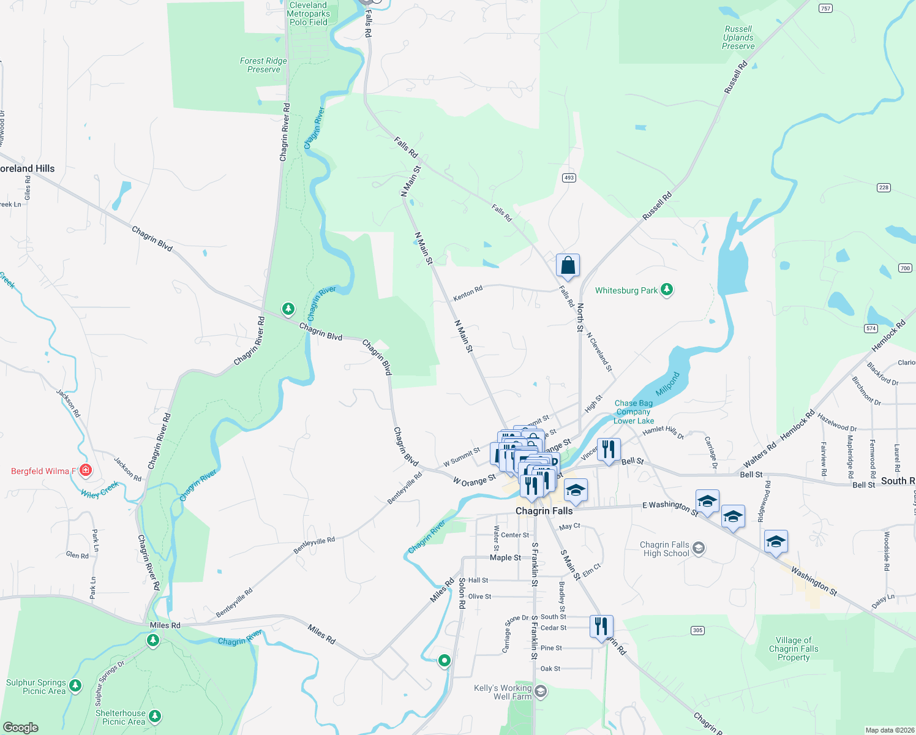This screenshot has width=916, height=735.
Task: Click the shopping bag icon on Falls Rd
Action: pos(568,266)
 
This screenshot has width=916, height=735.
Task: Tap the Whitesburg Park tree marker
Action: pos(667,290)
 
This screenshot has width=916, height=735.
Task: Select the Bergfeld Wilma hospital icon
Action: pos(86,470)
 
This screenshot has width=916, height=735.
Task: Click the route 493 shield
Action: pos(569,178)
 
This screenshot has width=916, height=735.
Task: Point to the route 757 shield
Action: pos(825,8)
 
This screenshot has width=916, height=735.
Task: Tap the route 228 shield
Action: pos(884,187)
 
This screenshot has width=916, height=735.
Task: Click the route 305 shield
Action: pos(697,630)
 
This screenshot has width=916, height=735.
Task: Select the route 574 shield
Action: pos(871,328)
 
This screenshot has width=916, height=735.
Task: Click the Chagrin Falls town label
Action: pos(544,511)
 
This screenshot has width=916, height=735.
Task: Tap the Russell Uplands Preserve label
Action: pos(738,37)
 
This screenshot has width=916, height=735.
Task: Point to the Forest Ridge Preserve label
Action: pos(263,65)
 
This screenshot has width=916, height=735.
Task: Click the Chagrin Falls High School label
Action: pos(664,549)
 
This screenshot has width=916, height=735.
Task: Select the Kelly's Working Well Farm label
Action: pos(503,692)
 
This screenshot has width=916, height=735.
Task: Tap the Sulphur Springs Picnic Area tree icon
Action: pos(75,685)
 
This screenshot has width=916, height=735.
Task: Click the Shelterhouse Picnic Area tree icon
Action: pos(155,715)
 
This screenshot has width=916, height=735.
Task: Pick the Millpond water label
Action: pos(667,384)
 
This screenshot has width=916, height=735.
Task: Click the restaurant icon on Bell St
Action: pos(608,450)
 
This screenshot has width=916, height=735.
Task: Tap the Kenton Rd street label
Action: pos(468,293)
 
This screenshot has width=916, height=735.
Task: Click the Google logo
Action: pos(20,728)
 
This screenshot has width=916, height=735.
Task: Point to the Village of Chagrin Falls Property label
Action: pos(793,649)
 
